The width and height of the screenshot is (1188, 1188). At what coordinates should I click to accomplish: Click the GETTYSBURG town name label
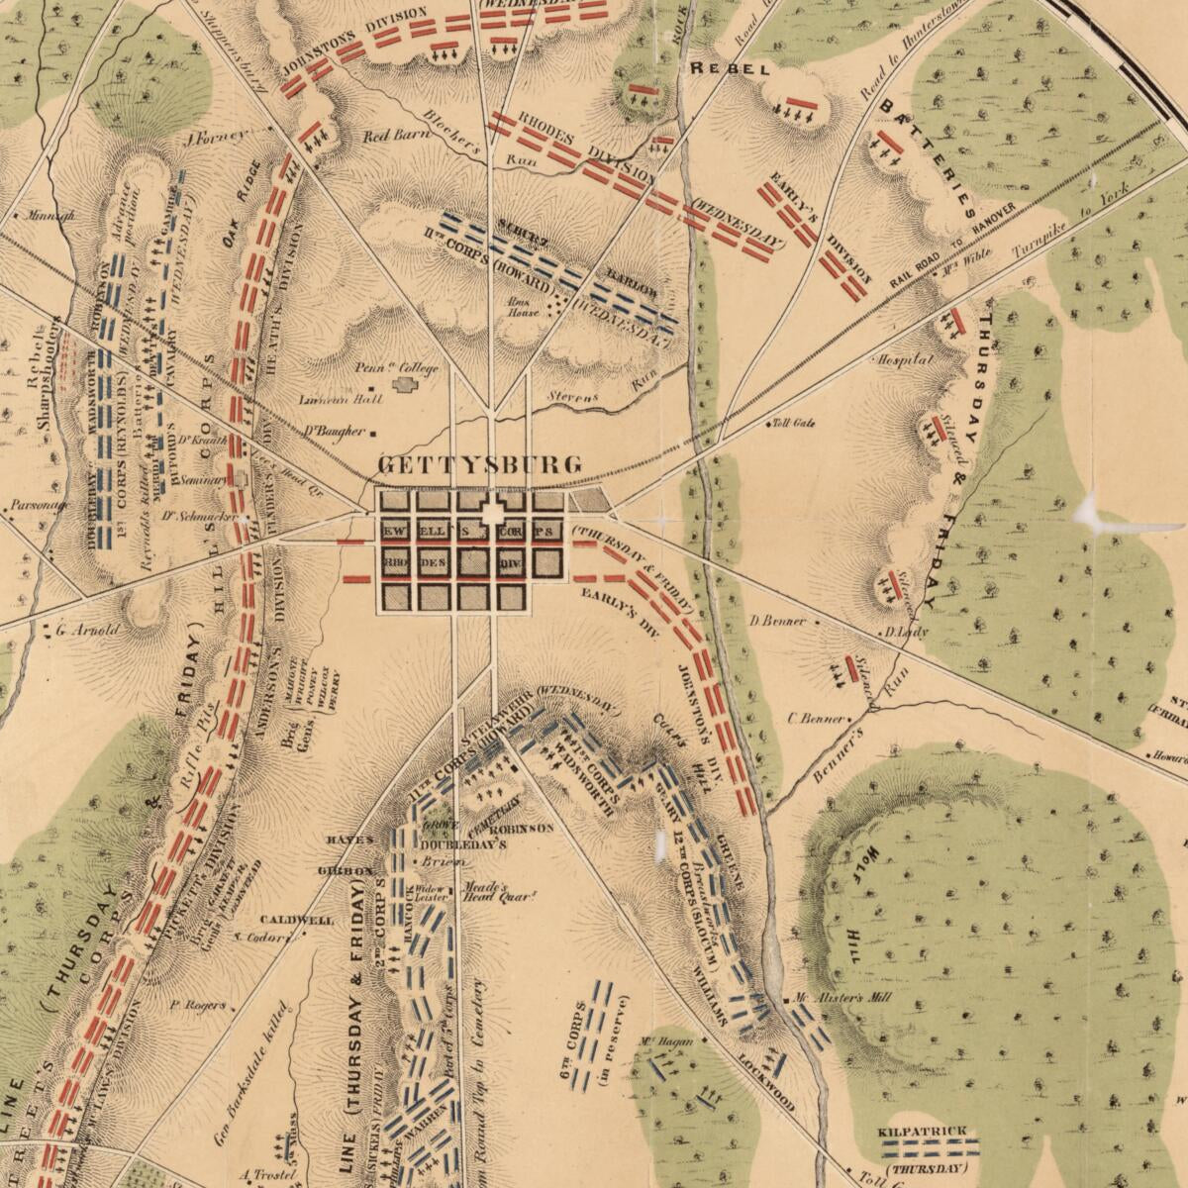(x=481, y=464)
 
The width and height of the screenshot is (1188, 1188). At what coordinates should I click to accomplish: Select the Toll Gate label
(x=795, y=424)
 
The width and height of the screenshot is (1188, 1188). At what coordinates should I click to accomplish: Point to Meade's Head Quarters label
(x=486, y=893)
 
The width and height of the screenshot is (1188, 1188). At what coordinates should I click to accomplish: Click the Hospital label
(x=902, y=359)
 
